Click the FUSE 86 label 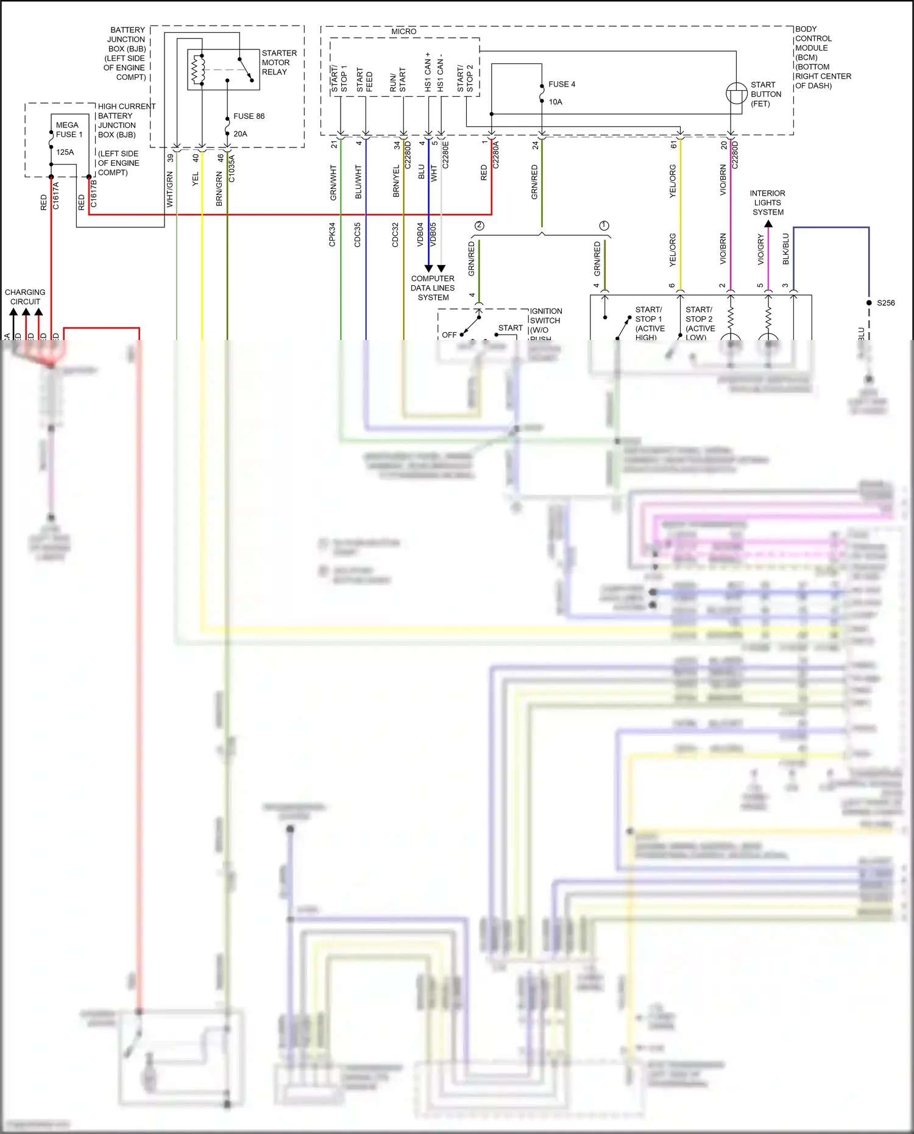tap(249, 116)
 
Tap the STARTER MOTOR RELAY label tap(278, 63)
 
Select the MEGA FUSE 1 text tap(68, 130)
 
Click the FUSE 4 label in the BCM tap(561, 85)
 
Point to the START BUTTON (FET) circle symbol tap(736, 94)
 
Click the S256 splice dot tap(869, 303)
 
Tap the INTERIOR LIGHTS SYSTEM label tap(768, 203)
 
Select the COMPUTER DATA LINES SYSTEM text tap(433, 288)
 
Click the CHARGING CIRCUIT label tap(25, 297)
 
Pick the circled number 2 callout tap(480, 225)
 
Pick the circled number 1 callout tap(604, 225)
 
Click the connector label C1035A tap(232, 168)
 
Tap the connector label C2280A tap(495, 155)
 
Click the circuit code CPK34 tap(332, 235)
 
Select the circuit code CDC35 tap(358, 235)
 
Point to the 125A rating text tap(65, 152)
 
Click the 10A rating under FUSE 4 tap(555, 102)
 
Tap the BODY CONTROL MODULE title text tap(814, 57)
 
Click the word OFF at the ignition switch tap(449, 335)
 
